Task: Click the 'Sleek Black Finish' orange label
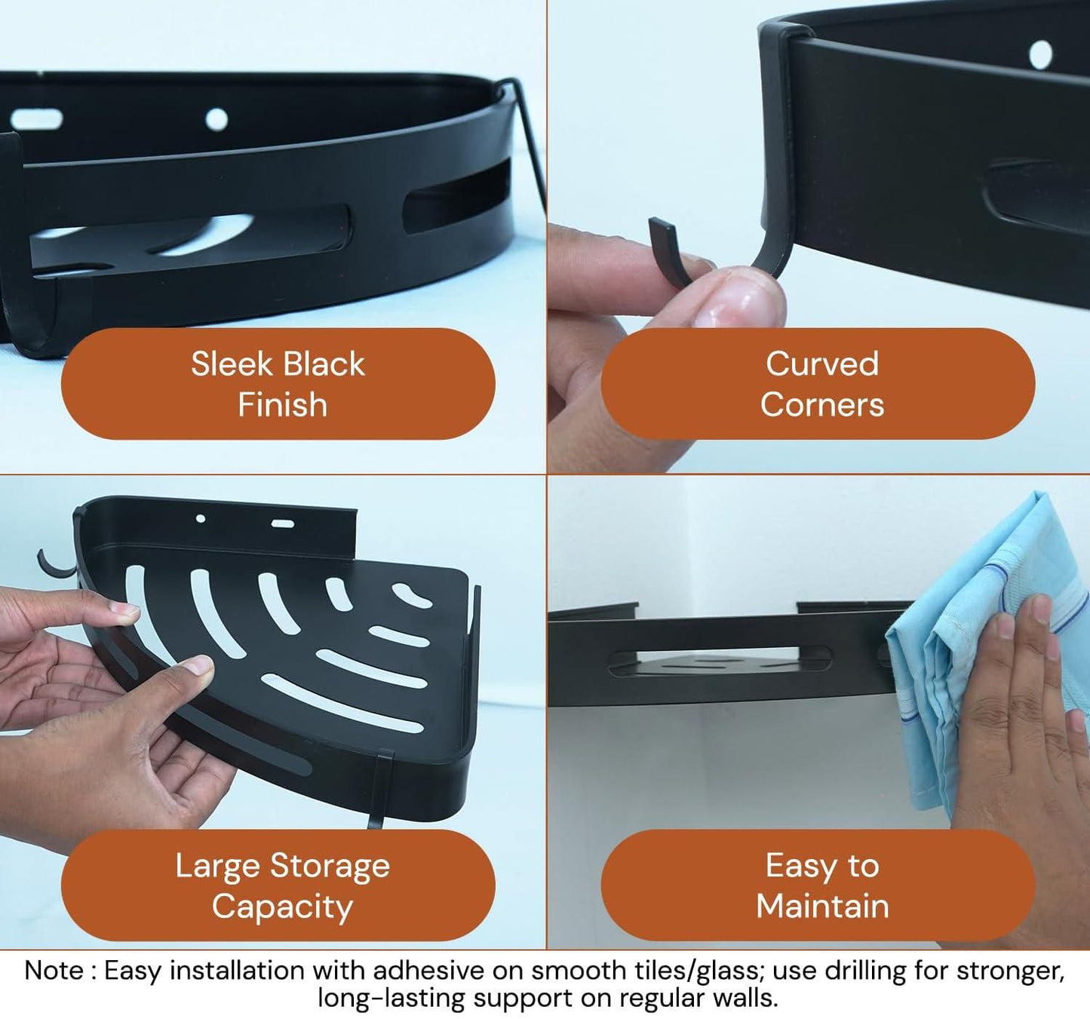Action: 278,384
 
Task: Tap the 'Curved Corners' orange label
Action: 818,384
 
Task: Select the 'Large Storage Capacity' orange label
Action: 278,885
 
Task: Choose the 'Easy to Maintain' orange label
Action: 818,885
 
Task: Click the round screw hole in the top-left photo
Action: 216,119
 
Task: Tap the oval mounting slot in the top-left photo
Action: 36,119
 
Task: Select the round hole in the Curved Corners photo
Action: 1040,54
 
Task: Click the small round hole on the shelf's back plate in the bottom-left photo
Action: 200,518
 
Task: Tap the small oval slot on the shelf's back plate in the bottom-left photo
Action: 283,523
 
